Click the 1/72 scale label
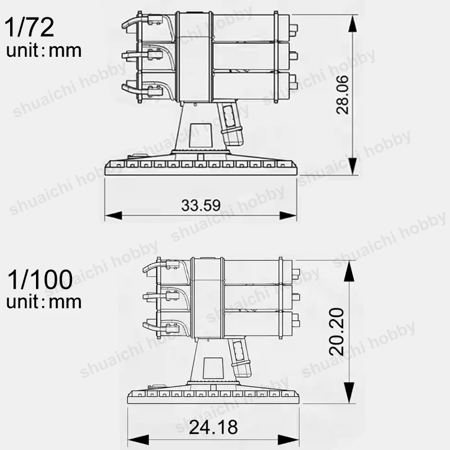(29, 27)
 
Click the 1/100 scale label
(40, 279)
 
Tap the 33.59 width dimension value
(201, 205)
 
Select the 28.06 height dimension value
(342, 94)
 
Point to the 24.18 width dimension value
(213, 427)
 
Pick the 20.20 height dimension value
(336, 332)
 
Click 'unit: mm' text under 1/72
(44, 51)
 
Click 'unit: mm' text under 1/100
(44, 302)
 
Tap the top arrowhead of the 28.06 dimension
(353, 24)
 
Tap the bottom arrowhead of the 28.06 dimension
(353, 165)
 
